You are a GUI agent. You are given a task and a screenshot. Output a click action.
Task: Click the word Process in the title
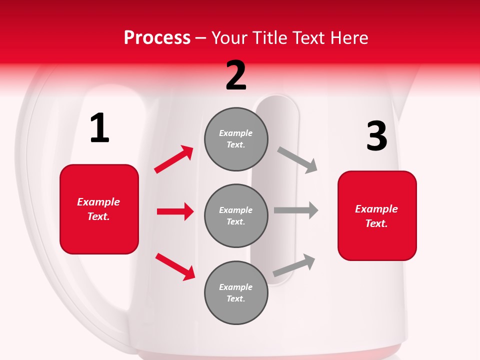pyautogui.click(x=157, y=38)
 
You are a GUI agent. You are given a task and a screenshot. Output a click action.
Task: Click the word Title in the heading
pyautogui.click(x=268, y=38)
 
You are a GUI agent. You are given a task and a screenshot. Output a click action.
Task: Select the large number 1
pyautogui.click(x=99, y=128)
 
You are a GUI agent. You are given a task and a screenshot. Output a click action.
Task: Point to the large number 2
pyautogui.click(x=236, y=75)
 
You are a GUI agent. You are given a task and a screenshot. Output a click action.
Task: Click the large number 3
pyautogui.click(x=376, y=136)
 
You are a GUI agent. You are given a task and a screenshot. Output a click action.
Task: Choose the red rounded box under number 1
pyautogui.click(x=99, y=209)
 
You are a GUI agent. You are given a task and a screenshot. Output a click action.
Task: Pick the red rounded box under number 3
pyautogui.click(x=377, y=216)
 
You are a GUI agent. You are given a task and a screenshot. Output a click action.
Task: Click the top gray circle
pyautogui.click(x=236, y=139)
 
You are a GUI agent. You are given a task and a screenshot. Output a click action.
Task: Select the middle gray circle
pyautogui.click(x=236, y=216)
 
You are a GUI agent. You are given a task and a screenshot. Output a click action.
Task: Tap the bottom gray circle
pyautogui.click(x=236, y=293)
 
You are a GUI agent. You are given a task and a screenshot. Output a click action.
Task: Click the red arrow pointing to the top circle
pyautogui.click(x=173, y=159)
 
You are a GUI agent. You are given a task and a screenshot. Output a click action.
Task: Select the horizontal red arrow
pyautogui.click(x=175, y=211)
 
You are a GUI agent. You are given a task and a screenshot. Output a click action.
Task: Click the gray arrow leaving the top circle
pyautogui.click(x=297, y=160)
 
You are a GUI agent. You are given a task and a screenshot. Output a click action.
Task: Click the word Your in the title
pyautogui.click(x=231, y=38)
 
